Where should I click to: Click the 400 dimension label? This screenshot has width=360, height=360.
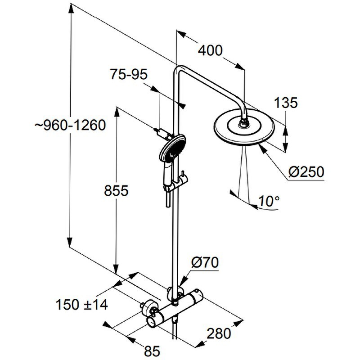click(210, 51)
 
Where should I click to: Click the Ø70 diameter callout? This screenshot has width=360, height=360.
click(205, 262)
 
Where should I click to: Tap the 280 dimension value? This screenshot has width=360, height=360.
click(219, 333)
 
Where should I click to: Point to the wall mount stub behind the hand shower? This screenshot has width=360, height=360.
click(160, 132)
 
